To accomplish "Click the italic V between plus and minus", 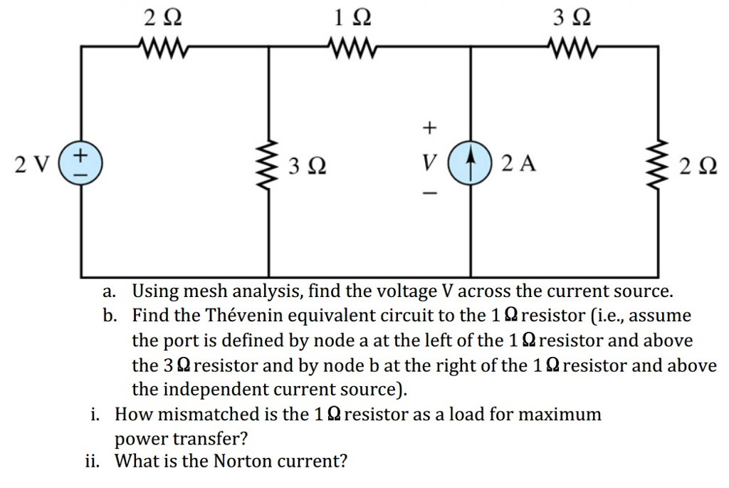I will click(x=427, y=164).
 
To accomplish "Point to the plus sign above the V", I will click(x=428, y=128).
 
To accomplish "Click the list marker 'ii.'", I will click(x=93, y=461).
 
